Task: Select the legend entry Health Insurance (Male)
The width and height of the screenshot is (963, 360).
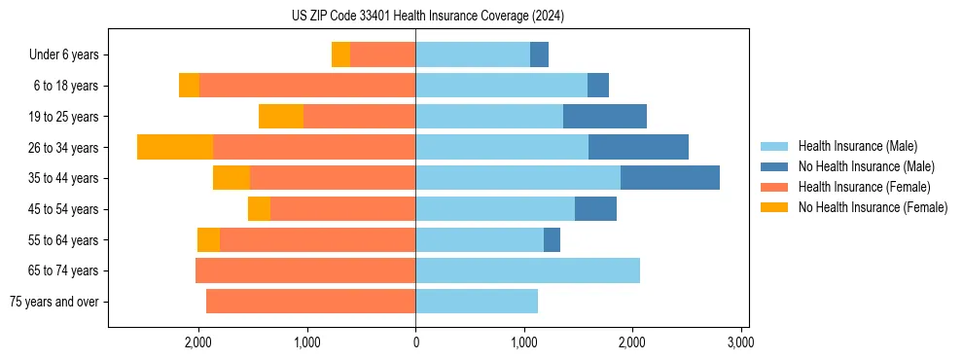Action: tap(857, 146)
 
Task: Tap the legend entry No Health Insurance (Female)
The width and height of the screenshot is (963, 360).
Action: tap(873, 207)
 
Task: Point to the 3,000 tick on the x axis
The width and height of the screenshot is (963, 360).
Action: tap(740, 342)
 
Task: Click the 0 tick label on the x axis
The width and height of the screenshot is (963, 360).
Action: tap(415, 342)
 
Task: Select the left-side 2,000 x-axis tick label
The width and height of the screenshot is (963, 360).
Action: tap(198, 342)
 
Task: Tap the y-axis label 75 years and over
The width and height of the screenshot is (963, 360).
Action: tap(54, 302)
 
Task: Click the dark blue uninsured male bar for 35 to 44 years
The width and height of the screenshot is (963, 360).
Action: tap(669, 178)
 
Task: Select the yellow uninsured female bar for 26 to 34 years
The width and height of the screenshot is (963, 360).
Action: tap(175, 147)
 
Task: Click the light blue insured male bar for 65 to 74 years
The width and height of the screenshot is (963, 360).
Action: tap(527, 270)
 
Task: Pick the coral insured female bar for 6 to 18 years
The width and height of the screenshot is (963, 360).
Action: tap(306, 86)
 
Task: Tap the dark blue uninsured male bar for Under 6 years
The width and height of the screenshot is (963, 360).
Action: tap(539, 54)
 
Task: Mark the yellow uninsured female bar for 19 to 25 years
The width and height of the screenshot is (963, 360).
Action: tap(281, 117)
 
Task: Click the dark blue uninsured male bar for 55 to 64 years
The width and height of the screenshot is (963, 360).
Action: tap(552, 239)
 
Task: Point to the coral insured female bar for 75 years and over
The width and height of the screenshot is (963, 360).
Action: tap(310, 302)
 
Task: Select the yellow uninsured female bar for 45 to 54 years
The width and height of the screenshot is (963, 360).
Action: tap(259, 209)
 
